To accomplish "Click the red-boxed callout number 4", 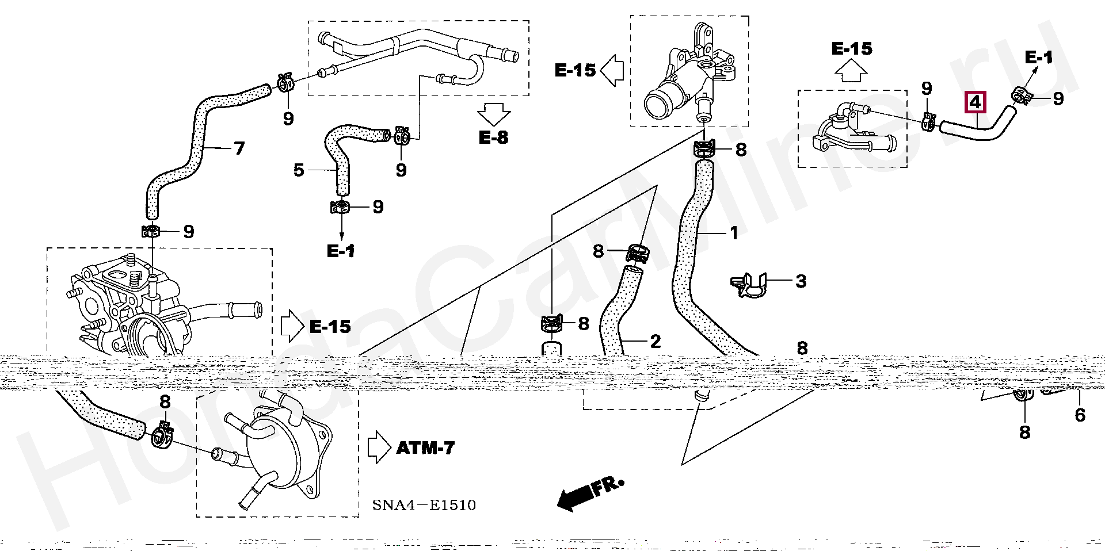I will [x=975, y=102].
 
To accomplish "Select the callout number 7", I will [x=239, y=148].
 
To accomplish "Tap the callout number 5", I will [x=298, y=170].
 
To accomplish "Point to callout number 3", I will [x=801, y=281].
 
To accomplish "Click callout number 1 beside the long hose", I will [x=734, y=233].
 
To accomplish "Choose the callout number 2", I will [x=655, y=342].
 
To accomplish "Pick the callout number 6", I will [x=1080, y=415].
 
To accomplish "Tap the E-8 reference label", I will [x=494, y=137].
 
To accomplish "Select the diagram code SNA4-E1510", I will [x=424, y=506].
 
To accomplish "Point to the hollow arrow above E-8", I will [x=494, y=114].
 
